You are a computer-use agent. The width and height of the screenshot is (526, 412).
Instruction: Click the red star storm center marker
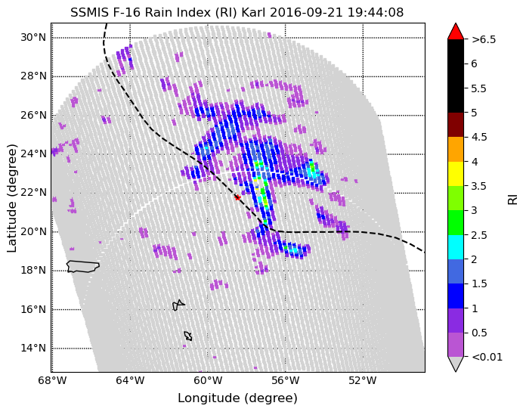click(x=237, y=197)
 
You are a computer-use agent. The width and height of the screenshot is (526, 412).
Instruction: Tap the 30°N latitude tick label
click(x=33, y=37)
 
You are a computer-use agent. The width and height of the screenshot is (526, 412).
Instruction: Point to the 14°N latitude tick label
click(x=33, y=348)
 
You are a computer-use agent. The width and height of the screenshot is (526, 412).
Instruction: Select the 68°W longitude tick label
click(x=51, y=380)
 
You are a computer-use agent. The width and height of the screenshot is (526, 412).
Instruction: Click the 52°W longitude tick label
click(x=364, y=380)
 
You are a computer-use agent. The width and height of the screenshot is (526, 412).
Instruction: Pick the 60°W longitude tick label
click(x=207, y=380)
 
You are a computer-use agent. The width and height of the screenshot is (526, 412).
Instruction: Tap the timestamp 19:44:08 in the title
click(x=376, y=12)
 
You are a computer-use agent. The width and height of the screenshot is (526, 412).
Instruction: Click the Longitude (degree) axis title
click(x=237, y=398)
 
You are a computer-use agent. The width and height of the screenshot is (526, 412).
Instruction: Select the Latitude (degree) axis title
click(x=11, y=198)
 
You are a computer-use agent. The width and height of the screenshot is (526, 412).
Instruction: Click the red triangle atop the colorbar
click(x=456, y=31)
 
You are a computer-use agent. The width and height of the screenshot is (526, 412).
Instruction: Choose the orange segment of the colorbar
click(x=456, y=149)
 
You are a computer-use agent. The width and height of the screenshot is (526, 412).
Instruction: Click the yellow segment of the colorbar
click(x=456, y=173)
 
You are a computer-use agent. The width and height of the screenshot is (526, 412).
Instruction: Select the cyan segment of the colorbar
click(x=456, y=247)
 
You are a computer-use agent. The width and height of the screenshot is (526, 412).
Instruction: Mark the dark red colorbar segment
click(x=456, y=125)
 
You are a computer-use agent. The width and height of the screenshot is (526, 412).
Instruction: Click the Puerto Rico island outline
click(x=83, y=267)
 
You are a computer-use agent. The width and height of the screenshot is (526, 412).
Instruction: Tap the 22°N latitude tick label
click(x=33, y=193)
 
